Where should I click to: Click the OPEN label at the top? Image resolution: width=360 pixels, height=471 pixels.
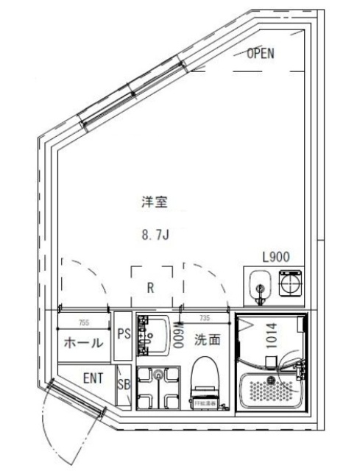[261, 53]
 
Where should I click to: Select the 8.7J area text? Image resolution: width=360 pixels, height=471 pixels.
[155, 236]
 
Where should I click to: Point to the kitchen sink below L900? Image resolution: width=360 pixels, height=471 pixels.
[258, 286]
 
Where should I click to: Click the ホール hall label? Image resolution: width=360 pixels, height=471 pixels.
[84, 342]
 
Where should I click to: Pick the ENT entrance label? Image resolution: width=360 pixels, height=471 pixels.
[92, 379]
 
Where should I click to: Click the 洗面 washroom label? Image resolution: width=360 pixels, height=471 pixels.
[207, 340]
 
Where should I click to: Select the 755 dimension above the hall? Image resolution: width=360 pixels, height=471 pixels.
[86, 321]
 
